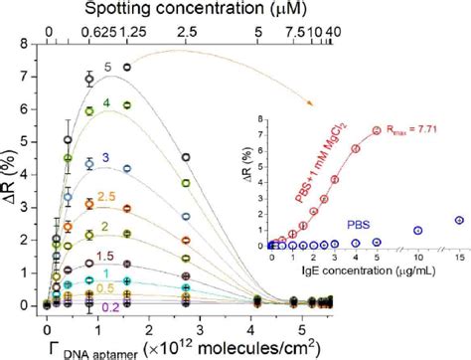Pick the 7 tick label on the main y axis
coord(33,75)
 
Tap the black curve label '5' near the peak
coord(107,69)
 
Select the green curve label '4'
coord(106,102)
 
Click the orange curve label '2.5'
coord(107,198)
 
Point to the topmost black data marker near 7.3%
coord(127,67)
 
